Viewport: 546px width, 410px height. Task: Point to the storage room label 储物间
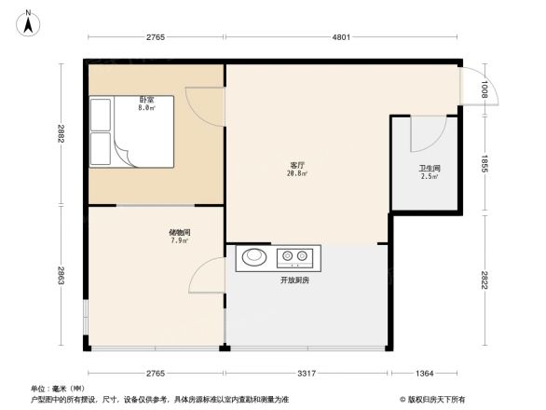point(180,233)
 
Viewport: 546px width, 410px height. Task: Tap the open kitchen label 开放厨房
point(296,280)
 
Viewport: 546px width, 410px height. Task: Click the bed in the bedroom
point(130,132)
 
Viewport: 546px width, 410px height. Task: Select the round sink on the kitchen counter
point(253,256)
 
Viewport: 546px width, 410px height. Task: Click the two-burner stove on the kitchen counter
point(297,256)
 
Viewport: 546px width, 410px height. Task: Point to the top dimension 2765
point(155,37)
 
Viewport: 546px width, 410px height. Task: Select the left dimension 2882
point(61,133)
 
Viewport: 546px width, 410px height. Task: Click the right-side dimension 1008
point(485,90)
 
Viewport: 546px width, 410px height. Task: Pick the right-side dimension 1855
point(485,164)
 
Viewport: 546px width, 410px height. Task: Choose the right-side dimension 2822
point(485,280)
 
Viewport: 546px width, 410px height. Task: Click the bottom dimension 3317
point(307,374)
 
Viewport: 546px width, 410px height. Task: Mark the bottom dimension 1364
point(424,374)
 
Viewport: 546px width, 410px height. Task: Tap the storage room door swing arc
point(207,275)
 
